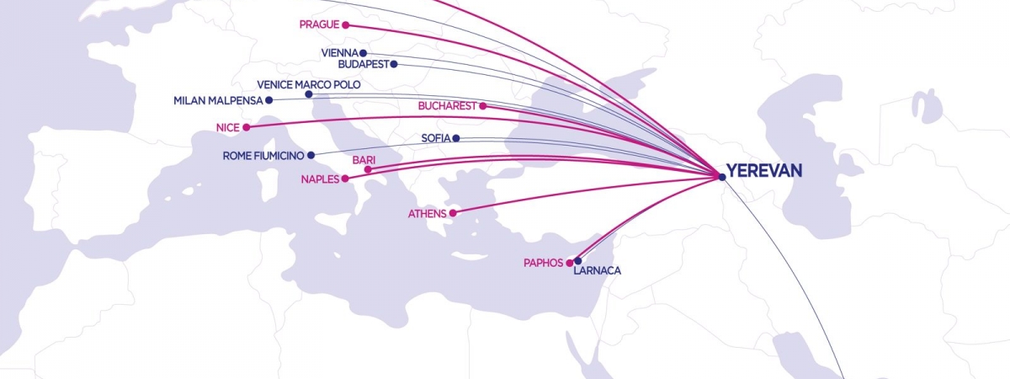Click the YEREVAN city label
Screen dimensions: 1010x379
pos(764,170)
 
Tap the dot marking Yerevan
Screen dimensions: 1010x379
pos(722,177)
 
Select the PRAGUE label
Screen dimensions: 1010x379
pos(319,24)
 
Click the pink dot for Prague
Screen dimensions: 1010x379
pos(346,24)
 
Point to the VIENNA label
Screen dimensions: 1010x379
pos(340,52)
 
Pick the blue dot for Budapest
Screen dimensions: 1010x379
pos(394,64)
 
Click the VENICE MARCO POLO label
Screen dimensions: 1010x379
pos(309,85)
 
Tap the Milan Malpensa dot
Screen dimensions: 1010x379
pos(269,100)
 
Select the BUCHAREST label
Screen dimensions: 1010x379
pos(447,106)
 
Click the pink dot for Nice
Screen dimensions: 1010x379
pos(247,128)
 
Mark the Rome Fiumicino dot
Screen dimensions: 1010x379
pos(311,155)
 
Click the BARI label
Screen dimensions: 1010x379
pos(364,159)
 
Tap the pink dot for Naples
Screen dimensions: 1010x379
pos(345,179)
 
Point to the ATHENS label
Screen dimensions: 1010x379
pos(427,213)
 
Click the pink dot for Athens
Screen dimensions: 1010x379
pos(454,213)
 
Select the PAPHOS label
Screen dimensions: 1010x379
pos(543,263)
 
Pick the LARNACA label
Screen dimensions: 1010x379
pos(598,271)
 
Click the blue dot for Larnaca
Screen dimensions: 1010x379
pos(577,261)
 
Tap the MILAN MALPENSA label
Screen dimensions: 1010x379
pos(217,100)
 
